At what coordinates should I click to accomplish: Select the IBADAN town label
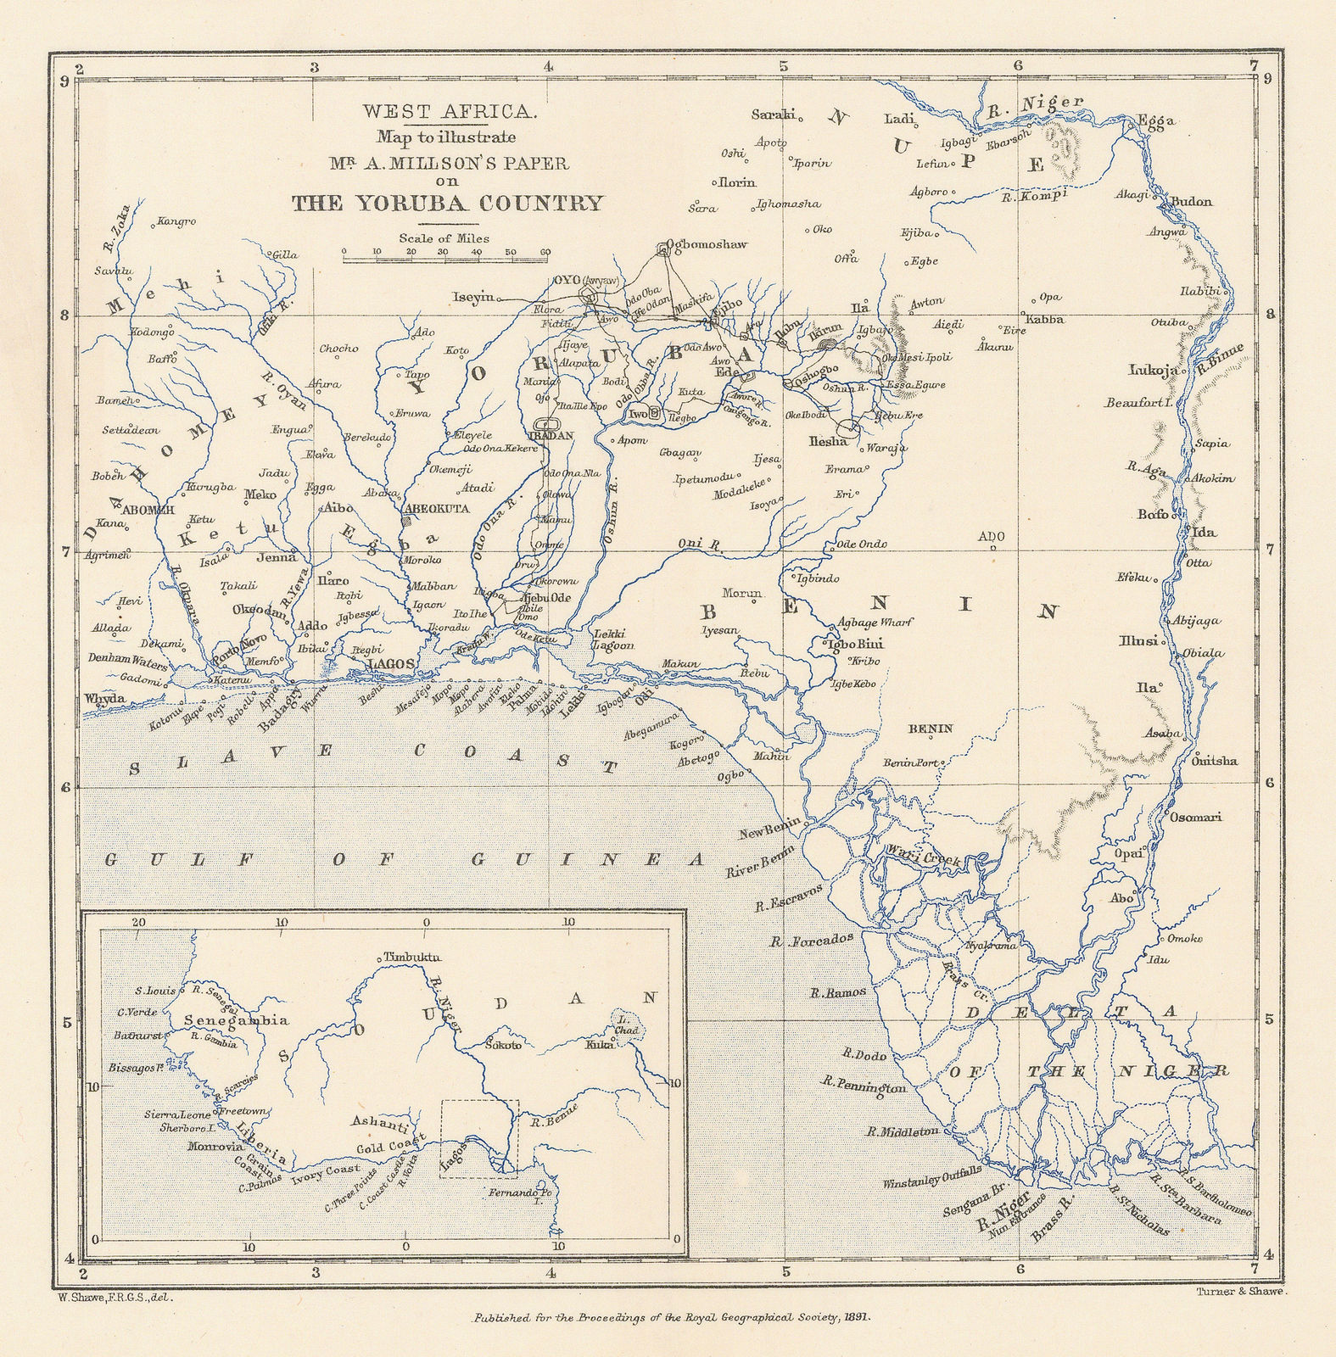coord(551,435)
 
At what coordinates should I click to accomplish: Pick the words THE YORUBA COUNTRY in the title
coord(447,203)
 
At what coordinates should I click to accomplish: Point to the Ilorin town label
coord(737,182)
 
